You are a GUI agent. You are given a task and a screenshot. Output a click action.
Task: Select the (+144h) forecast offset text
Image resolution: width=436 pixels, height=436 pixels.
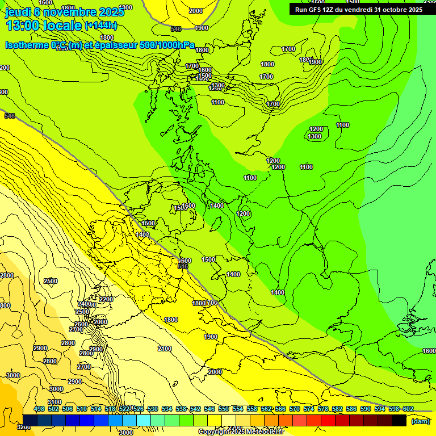point(100,26)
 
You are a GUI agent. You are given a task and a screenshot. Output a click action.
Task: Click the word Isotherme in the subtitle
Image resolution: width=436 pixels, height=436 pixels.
point(27,45)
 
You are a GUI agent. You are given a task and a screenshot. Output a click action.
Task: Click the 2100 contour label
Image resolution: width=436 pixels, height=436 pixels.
point(164,349)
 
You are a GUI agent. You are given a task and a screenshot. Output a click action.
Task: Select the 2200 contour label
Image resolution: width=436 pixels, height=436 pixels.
point(106,299)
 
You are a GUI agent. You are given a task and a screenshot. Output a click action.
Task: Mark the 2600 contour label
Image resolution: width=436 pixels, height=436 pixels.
point(81,324)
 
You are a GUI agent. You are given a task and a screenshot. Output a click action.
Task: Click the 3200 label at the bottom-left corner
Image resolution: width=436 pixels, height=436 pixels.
point(24,426)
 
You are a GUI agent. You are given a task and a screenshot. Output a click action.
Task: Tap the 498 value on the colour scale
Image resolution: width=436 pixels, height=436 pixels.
point(39,409)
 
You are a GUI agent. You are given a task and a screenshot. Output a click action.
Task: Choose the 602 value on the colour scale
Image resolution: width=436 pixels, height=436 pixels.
point(408,409)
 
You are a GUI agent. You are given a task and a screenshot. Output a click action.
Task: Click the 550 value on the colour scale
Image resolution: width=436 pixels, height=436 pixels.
point(224,409)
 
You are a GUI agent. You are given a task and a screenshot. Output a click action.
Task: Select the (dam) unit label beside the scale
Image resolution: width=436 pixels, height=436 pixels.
point(421,422)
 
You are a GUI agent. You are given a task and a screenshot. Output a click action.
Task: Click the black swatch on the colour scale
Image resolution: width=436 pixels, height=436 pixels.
point(399,420)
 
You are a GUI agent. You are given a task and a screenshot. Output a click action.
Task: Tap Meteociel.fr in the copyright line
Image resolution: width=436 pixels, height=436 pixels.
point(261,432)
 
